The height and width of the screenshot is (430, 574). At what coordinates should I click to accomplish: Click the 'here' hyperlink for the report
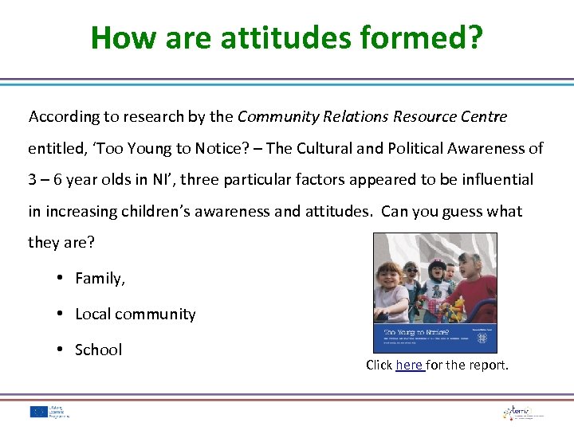[x=409, y=365]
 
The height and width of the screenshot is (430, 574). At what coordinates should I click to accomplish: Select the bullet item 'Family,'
[x=100, y=278]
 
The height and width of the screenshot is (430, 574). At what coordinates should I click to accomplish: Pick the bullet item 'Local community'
[x=135, y=314]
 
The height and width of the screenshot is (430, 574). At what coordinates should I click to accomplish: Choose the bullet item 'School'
[x=98, y=350]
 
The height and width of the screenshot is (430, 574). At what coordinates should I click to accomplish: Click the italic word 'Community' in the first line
[x=277, y=116]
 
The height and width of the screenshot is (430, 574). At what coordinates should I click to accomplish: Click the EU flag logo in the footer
[x=38, y=411]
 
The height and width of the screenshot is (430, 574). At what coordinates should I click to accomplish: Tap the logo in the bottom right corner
[x=522, y=412]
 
